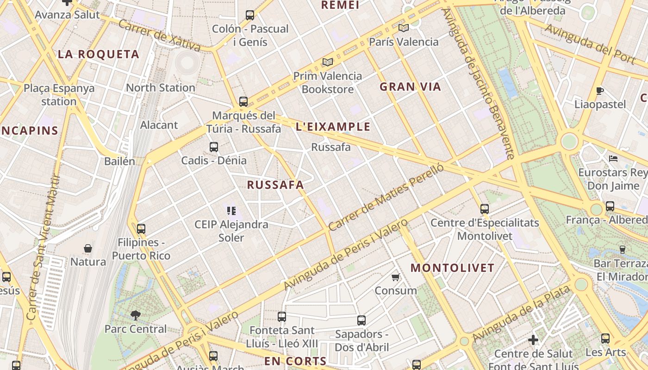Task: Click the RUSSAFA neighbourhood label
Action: tap(275, 185)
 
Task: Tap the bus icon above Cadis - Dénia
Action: tap(213, 147)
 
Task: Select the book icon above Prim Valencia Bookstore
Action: tap(328, 62)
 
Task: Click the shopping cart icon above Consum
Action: tap(395, 277)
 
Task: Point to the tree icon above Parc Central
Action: tap(136, 315)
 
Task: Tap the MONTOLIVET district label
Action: tap(452, 268)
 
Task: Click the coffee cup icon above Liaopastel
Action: tap(600, 91)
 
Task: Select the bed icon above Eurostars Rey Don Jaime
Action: tap(613, 159)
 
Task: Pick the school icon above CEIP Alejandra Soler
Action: tap(231, 211)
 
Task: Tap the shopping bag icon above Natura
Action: tap(88, 248)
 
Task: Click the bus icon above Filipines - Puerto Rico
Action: tap(141, 228)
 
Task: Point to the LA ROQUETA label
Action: tap(98, 54)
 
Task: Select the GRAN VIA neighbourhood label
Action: tap(410, 86)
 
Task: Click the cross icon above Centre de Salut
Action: tap(533, 340)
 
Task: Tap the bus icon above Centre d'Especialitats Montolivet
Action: tap(485, 209)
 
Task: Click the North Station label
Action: tap(160, 87)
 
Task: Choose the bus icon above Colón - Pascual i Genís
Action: tap(250, 15)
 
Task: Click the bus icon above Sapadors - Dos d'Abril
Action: tap(361, 320)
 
